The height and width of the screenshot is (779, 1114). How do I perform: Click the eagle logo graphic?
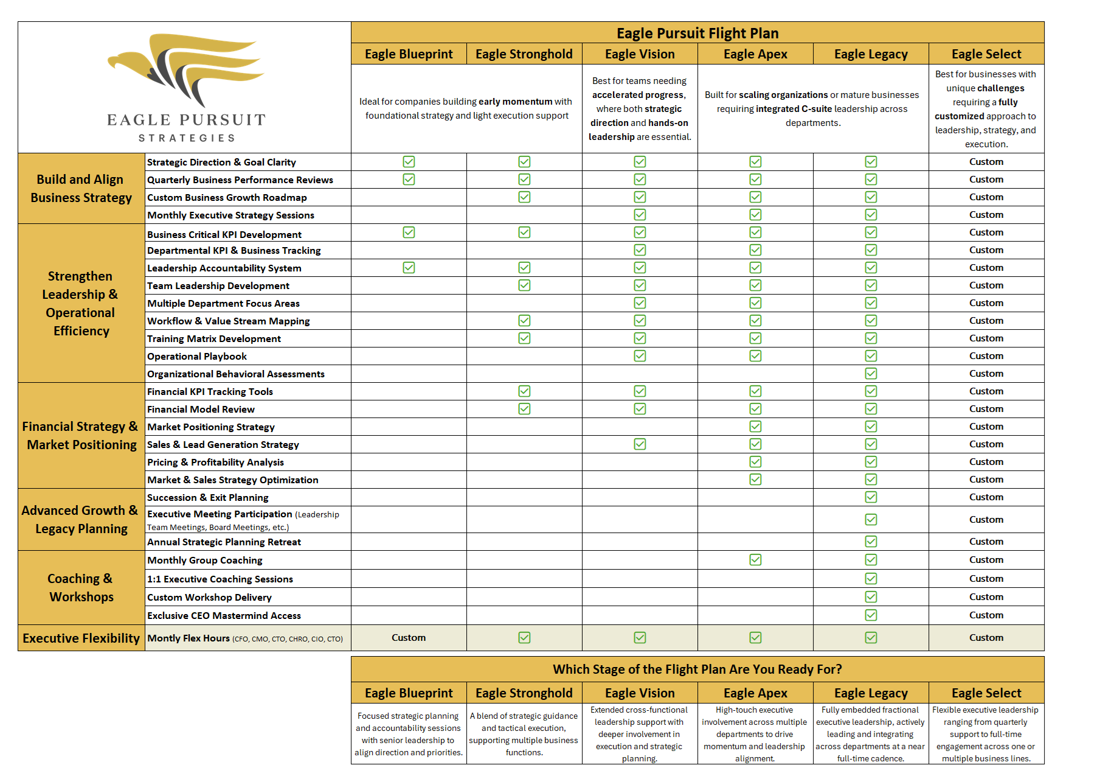tap(185, 70)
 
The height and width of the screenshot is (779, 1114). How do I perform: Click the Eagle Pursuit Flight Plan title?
tap(697, 33)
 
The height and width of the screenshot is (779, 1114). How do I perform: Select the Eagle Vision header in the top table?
tap(640, 54)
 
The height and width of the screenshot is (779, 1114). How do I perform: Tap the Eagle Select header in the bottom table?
tap(986, 693)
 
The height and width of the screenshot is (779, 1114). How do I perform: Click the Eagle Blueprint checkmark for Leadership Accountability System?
tap(409, 268)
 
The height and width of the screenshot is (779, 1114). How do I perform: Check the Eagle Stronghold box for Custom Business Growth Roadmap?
tap(524, 197)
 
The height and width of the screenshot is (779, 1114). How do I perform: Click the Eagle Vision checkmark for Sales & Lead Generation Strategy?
tap(640, 444)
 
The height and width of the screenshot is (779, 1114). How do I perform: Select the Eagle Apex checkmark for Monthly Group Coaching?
tap(755, 560)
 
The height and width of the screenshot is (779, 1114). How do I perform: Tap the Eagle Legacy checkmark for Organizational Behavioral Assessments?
tap(871, 374)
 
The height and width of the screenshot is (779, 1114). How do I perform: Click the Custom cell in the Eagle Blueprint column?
tap(409, 638)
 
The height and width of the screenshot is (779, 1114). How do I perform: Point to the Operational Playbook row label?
tap(197, 357)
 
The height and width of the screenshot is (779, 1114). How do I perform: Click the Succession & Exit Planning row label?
tap(207, 498)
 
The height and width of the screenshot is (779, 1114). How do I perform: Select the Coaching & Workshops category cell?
tap(81, 588)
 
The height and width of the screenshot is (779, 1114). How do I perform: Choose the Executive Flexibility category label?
tap(81, 638)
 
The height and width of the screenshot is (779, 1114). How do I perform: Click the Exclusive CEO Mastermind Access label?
tap(224, 616)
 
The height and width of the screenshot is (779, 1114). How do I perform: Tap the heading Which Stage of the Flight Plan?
tap(697, 669)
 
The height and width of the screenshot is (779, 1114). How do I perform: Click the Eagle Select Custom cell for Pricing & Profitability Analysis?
tap(986, 462)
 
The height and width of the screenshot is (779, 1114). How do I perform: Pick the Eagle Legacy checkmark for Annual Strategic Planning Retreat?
tap(871, 542)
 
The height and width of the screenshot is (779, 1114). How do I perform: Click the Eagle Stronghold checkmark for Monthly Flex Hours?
tap(524, 638)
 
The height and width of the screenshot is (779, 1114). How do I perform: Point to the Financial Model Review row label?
tap(201, 410)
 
